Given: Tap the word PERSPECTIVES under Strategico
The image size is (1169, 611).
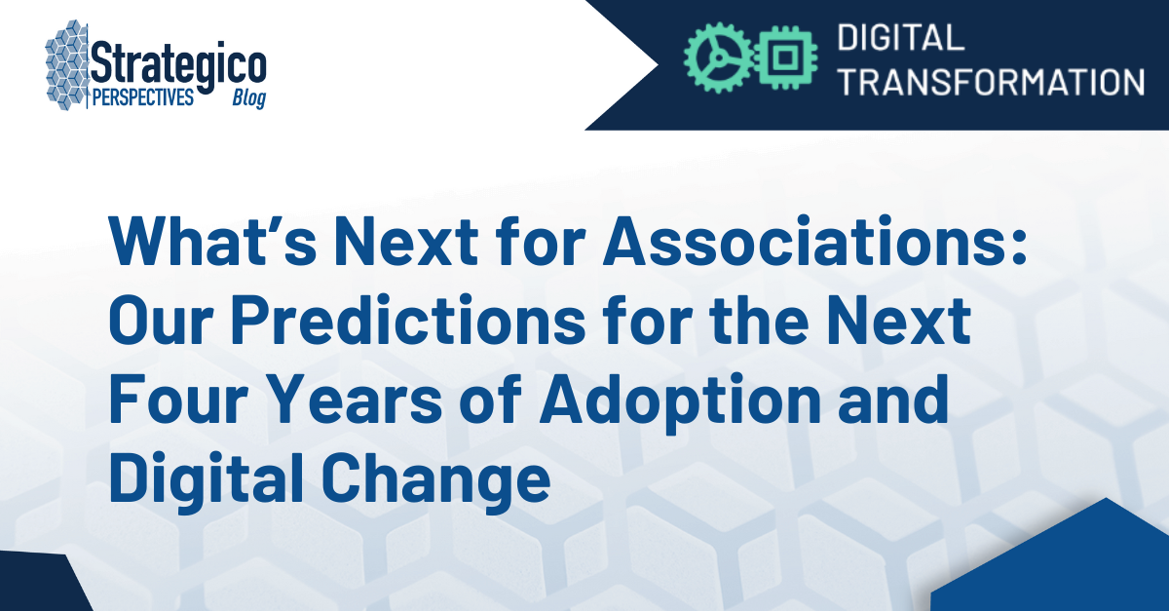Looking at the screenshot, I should coord(140,98).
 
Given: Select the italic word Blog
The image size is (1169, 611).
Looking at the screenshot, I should coord(247,99).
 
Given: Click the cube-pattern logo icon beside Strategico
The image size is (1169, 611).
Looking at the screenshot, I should coord(68,67).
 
